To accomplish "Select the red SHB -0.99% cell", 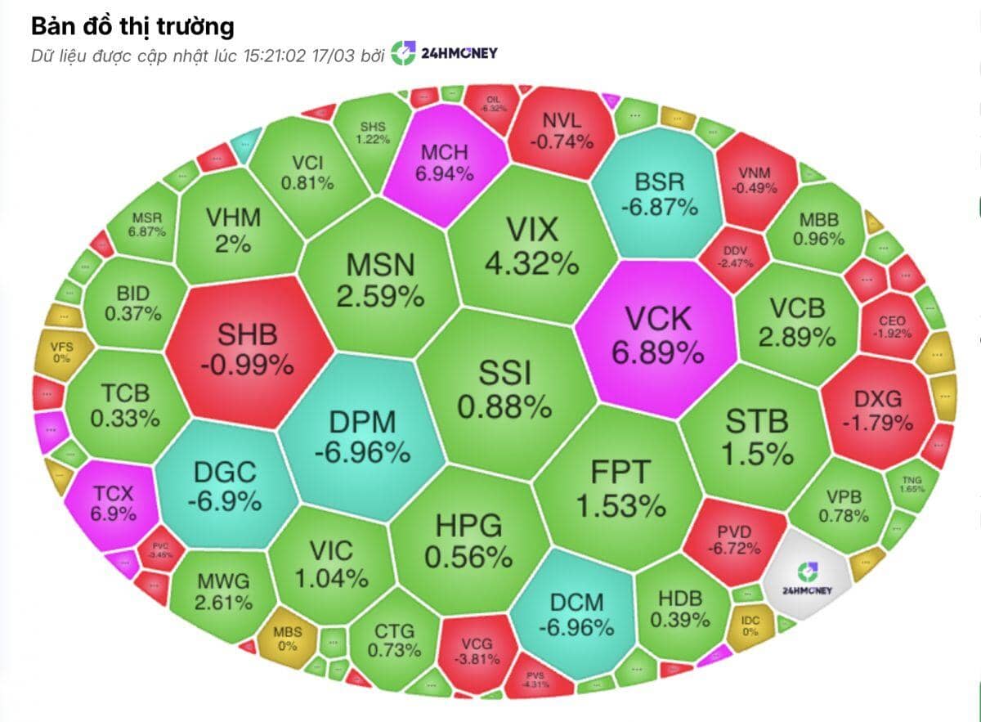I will (x=247, y=349).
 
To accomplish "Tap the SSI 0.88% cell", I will (x=504, y=389).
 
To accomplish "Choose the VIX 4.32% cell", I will (x=531, y=244).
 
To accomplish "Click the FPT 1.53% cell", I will (x=620, y=488).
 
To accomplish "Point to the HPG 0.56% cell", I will (x=468, y=540).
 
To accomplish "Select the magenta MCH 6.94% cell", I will (x=445, y=162).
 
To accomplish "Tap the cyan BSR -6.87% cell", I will (x=658, y=193).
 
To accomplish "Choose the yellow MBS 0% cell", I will (x=287, y=639).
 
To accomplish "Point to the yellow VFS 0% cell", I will (x=61, y=352).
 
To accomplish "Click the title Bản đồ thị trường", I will (x=132, y=26).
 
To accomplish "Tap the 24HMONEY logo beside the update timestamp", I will (x=444, y=54).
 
